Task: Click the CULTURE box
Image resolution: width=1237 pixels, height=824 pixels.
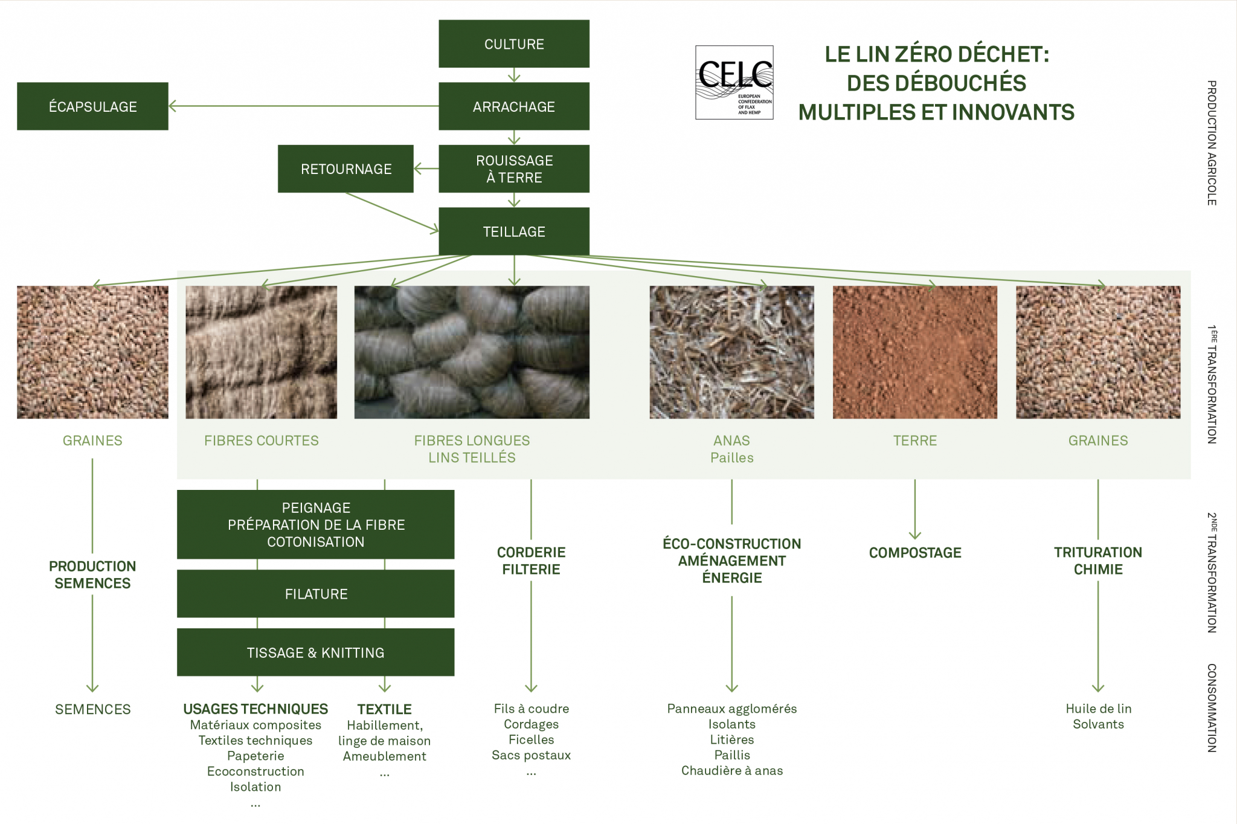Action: point(514,44)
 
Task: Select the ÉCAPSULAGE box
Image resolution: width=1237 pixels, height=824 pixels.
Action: point(92,106)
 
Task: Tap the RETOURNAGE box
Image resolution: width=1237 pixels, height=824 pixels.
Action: point(345,169)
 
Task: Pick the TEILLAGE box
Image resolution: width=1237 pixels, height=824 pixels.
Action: point(514,231)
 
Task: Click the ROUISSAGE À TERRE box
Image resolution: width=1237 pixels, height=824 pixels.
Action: point(514,169)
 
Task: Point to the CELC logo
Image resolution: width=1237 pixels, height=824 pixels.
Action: point(734,82)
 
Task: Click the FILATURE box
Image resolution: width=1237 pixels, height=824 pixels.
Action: point(315,594)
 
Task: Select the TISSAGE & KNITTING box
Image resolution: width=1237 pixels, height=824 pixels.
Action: point(315,652)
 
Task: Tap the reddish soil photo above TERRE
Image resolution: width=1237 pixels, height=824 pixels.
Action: point(914,352)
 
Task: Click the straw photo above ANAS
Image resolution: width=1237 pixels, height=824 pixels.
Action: point(731,352)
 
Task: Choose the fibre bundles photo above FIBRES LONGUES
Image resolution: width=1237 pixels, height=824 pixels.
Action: point(471,352)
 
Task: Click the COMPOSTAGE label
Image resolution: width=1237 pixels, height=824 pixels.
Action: point(914,553)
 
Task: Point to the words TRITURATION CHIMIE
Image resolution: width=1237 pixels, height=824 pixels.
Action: point(1097,561)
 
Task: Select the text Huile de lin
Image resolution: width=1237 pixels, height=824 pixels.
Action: point(1098,709)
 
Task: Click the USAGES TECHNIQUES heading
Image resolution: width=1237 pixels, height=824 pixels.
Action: point(255,709)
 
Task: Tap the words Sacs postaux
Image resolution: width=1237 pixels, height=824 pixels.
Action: point(531,755)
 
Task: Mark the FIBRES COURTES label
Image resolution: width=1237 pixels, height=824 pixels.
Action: point(261,441)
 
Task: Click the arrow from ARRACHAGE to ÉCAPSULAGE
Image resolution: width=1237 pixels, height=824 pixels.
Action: point(302,106)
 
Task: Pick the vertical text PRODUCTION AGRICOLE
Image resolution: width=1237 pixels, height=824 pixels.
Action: point(1211,143)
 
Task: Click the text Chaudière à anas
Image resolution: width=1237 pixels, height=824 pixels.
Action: point(731,771)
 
